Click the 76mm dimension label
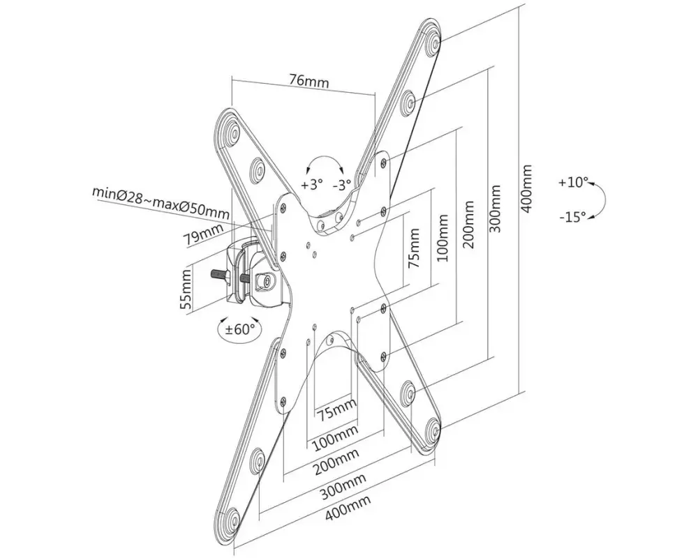(309, 81)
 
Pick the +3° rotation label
(311, 183)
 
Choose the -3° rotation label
(342, 184)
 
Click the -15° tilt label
(573, 217)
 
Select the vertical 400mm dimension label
(526, 188)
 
